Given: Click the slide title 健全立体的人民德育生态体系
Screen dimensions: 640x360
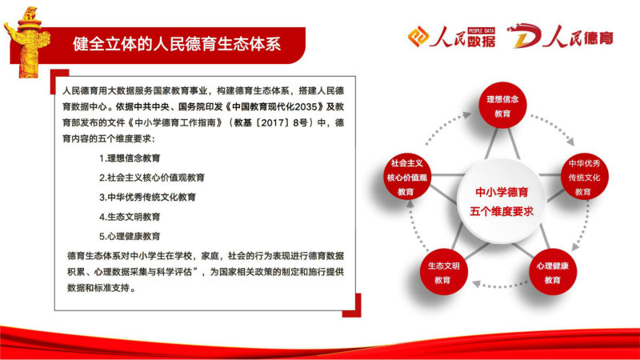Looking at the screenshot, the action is tap(177, 44).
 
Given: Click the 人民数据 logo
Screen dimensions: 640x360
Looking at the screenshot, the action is tap(451, 37).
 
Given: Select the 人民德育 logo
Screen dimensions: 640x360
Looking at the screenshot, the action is tap(560, 37).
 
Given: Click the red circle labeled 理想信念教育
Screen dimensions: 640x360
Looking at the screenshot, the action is tap(502, 106).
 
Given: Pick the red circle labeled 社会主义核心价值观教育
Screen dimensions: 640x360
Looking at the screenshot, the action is tap(407, 177).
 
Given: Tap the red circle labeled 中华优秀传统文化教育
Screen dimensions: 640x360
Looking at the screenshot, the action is tap(584, 177).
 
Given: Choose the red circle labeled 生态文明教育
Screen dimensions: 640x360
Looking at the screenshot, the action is tap(443, 272).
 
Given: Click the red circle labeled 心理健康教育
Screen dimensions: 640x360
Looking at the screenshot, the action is tap(553, 272).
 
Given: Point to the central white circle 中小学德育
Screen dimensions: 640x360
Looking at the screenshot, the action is tap(502, 202).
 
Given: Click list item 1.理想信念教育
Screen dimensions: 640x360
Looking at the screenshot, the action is tap(130, 158).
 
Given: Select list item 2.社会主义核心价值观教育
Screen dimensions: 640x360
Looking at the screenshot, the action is tap(152, 178).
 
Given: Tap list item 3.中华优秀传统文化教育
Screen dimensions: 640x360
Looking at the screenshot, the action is tap(147, 198).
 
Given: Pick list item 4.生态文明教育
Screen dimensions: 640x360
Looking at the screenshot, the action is tap(130, 217).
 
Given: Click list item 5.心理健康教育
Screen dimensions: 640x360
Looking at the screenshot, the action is tap(130, 236).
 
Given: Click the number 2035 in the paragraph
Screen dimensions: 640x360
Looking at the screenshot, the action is tap(306, 107).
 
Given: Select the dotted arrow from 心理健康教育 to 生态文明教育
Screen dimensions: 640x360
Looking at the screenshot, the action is tap(498, 285).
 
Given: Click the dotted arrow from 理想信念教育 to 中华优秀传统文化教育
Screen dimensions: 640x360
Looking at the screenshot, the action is tap(554, 127).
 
